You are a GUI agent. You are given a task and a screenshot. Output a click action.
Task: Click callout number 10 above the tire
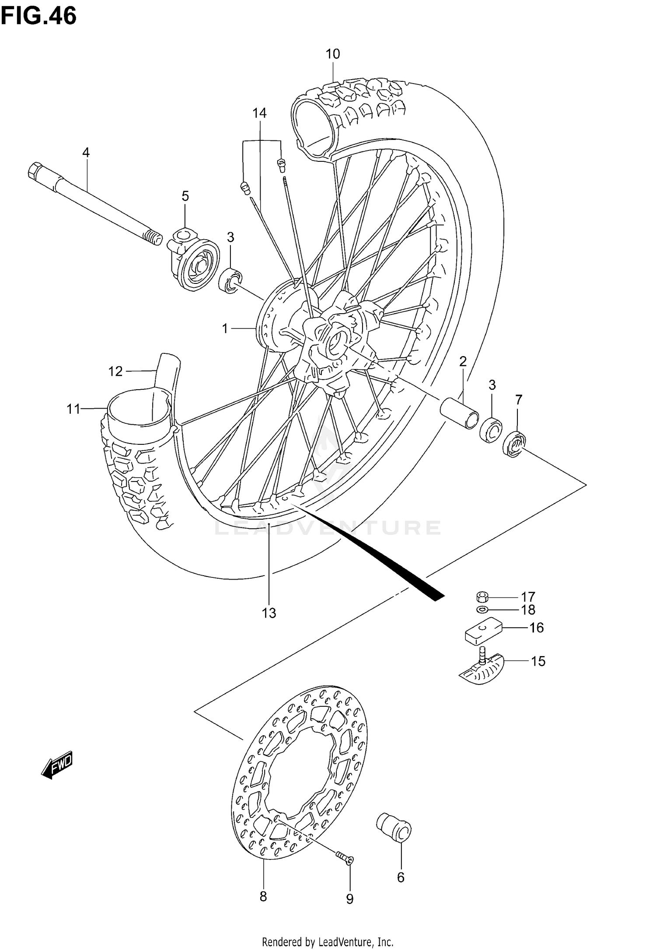tap(332, 54)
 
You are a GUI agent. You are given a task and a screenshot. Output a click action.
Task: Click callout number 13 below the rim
tap(269, 613)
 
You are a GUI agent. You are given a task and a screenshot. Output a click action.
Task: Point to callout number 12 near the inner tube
tap(115, 371)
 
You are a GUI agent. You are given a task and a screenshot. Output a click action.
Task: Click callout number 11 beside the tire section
tap(73, 409)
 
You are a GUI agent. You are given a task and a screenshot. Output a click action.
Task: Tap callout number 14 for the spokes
tap(259, 113)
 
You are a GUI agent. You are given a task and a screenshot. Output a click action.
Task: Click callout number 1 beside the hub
tap(225, 328)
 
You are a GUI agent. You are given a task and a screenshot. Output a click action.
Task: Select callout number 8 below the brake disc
tap(263, 897)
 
